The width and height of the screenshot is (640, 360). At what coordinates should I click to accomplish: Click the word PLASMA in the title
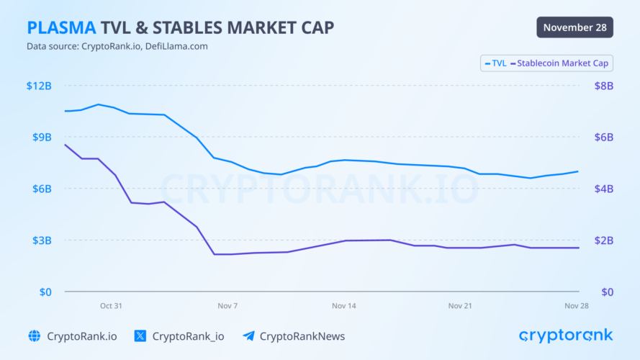point(60,27)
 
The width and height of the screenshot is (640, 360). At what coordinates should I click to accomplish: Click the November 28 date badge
point(574,27)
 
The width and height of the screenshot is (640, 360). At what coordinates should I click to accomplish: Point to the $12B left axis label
point(39,86)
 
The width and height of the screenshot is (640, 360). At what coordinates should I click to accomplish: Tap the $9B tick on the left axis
point(41,137)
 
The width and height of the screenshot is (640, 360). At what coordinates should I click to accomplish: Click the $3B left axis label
point(41,240)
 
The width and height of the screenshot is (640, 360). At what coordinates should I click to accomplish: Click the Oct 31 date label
point(111,305)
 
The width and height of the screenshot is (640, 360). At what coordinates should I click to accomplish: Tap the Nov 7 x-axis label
point(227,305)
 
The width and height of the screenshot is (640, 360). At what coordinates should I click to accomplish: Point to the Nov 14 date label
point(344,305)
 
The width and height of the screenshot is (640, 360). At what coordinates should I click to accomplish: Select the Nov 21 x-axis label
point(460,305)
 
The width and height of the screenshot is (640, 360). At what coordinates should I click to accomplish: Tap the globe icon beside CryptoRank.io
point(34,336)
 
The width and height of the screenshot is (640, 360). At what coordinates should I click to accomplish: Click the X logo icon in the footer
point(140,336)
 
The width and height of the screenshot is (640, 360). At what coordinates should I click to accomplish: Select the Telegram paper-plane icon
point(248,336)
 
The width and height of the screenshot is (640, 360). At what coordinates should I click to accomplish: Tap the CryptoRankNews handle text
point(302,336)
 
